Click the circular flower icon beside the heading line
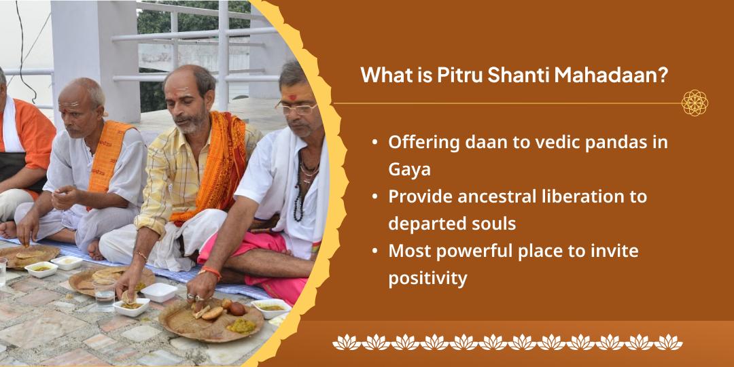click(x=695, y=103)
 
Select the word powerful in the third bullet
click(x=471, y=250)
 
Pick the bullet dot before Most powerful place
click(x=375, y=251)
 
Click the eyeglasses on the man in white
click(x=296, y=107)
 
